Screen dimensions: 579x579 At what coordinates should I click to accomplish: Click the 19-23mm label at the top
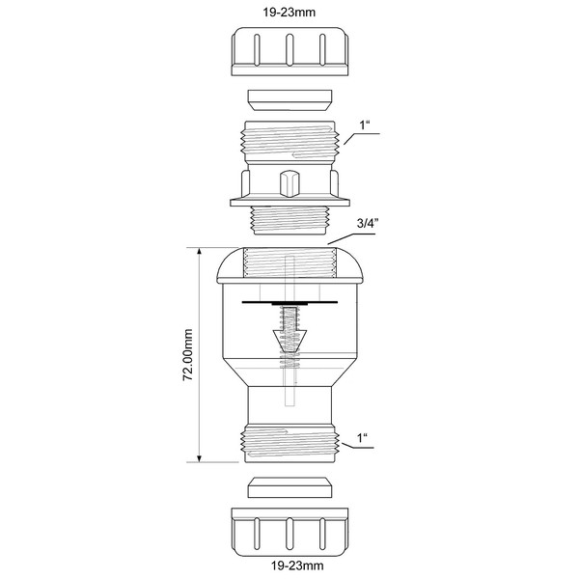[289, 13]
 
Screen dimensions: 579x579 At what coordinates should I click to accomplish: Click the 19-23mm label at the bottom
[297, 565]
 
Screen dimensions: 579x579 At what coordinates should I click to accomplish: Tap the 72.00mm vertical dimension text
[188, 354]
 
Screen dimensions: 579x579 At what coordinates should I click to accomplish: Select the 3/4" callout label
[366, 224]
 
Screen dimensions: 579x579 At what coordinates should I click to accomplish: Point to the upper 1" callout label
[365, 125]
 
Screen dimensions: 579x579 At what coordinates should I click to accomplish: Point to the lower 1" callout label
[362, 438]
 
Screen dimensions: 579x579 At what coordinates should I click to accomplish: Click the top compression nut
[289, 51]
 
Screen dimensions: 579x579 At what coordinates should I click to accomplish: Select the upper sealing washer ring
[289, 99]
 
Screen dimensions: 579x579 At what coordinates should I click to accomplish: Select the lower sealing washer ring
[289, 487]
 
